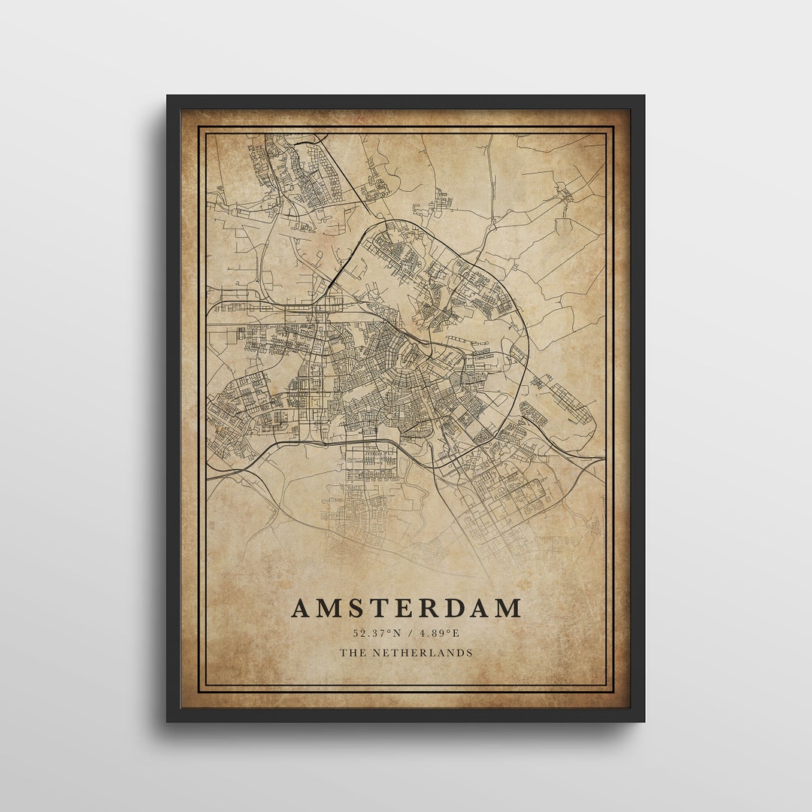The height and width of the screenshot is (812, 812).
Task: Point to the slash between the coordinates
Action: pyautogui.click(x=407, y=633)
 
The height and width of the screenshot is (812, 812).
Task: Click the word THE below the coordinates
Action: pyautogui.click(x=351, y=653)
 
